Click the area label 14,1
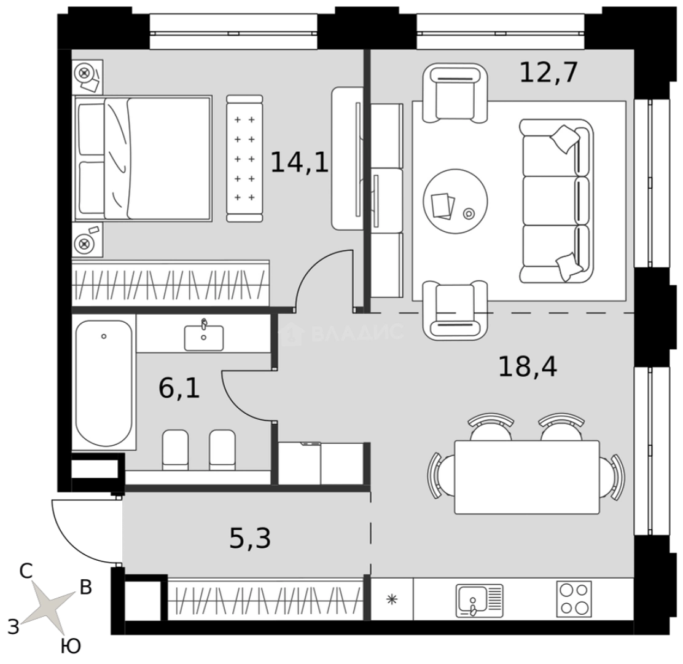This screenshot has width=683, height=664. [x=300, y=162]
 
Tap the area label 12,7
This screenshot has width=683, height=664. [x=548, y=73]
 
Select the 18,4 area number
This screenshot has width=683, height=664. [x=528, y=366]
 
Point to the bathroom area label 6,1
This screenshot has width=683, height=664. [x=179, y=388]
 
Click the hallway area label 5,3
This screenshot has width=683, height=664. [x=250, y=538]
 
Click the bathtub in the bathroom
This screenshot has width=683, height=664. [x=104, y=383]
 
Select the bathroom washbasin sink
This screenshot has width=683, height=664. [x=204, y=337]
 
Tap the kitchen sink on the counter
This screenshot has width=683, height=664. [x=479, y=600]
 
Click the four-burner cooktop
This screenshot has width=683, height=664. [x=574, y=599]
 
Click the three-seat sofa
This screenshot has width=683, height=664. [x=556, y=200]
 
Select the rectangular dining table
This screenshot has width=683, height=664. [x=526, y=477]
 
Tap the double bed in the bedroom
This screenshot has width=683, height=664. [x=143, y=158]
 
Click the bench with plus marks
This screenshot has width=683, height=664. [x=245, y=159]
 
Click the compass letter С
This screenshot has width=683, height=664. [x=26, y=572]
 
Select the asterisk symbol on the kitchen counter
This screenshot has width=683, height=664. [x=392, y=599]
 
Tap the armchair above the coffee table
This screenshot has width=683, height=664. [x=455, y=93]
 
